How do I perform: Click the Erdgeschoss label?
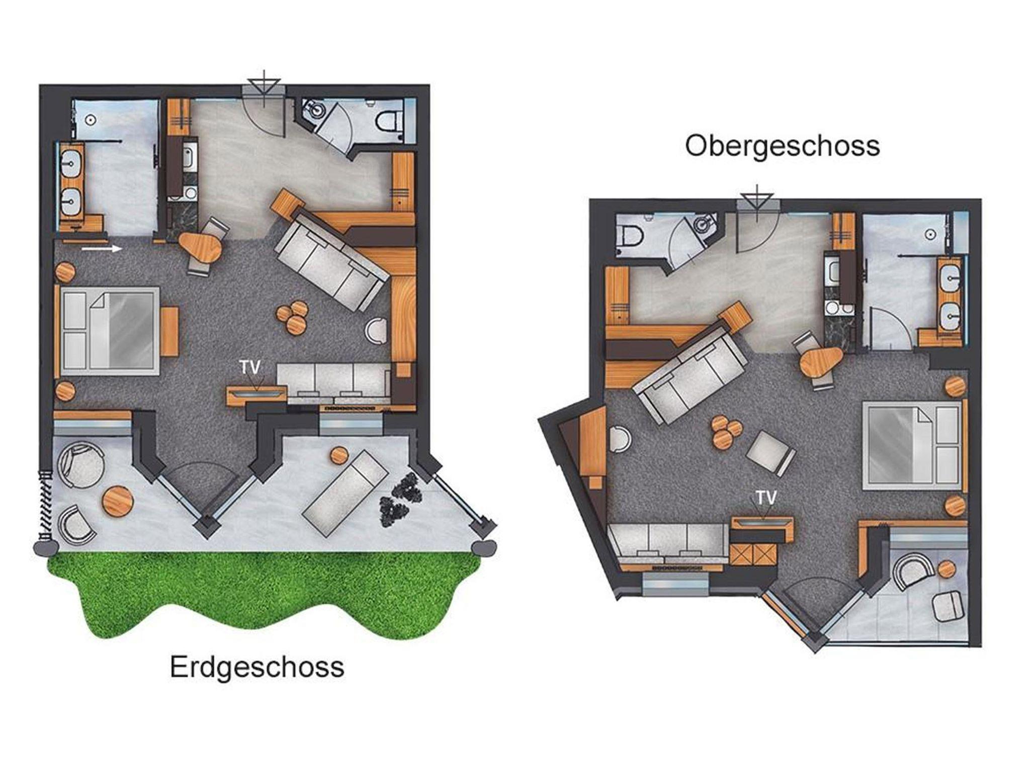[x=257, y=668]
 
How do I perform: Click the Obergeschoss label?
[x=783, y=146]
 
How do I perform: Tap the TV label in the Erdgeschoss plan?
[x=250, y=367]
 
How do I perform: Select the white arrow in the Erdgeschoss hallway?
[x=102, y=248]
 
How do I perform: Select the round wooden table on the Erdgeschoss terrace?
[x=118, y=499]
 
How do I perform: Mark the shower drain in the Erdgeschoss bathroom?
[x=91, y=120]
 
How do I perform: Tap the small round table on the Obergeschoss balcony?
[x=947, y=568]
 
